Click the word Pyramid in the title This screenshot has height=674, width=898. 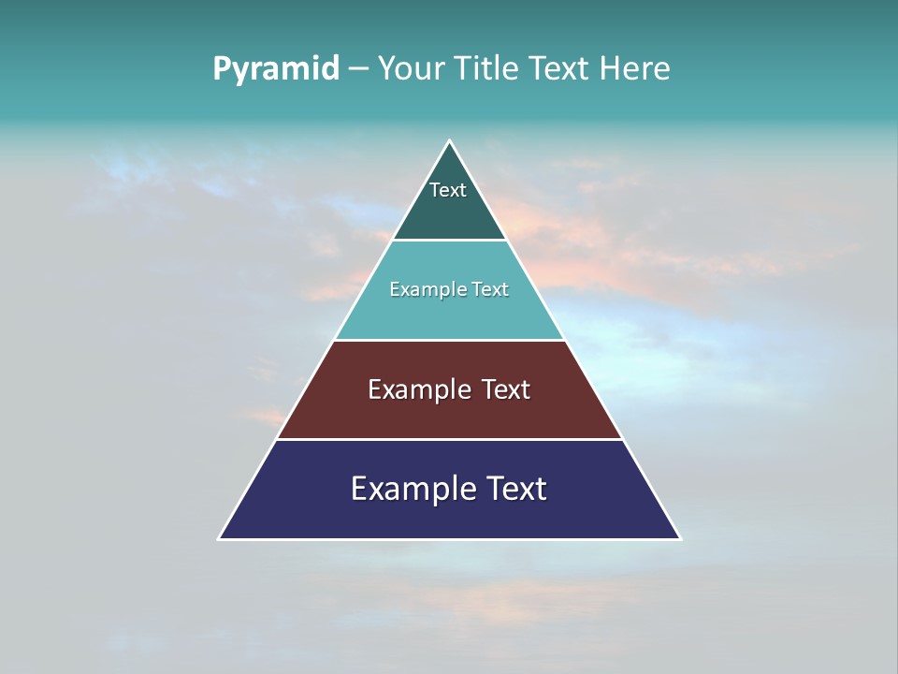pyautogui.click(x=275, y=69)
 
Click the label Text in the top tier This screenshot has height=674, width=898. pyautogui.click(x=448, y=190)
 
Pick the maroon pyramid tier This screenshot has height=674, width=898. pyautogui.click(x=449, y=418)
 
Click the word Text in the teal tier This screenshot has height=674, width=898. pyautogui.click(x=490, y=289)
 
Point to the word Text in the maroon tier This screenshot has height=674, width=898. pyautogui.click(x=506, y=389)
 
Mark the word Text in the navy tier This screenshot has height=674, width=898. pyautogui.click(x=515, y=489)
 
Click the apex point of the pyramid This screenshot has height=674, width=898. pyautogui.click(x=449, y=141)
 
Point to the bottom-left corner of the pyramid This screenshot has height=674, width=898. pyautogui.click(x=220, y=538)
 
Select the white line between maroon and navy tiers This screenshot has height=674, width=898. pyautogui.click(x=449, y=439)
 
